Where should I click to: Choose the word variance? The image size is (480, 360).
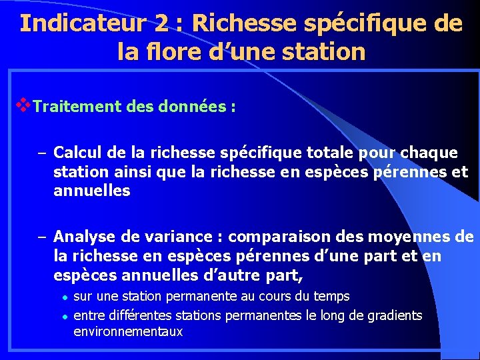tap(189, 237)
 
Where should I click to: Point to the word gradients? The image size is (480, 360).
tap(395, 315)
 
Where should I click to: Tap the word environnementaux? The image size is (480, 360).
tap(128, 331)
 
